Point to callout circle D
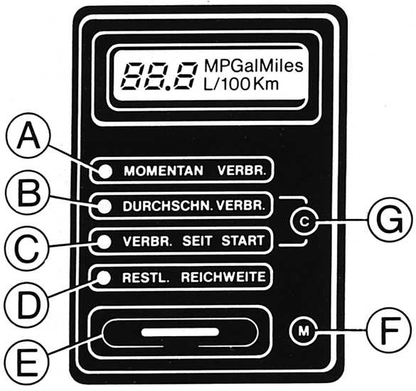27,304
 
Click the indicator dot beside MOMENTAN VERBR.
106,171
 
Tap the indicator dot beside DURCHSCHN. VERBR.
105,206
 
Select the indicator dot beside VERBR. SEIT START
105,242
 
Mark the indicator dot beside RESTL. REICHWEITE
104,277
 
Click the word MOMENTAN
164,171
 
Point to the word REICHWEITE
223,277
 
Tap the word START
243,241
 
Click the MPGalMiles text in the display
253,66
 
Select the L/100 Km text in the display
241,85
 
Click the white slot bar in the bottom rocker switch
181,332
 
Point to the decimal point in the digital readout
169,88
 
